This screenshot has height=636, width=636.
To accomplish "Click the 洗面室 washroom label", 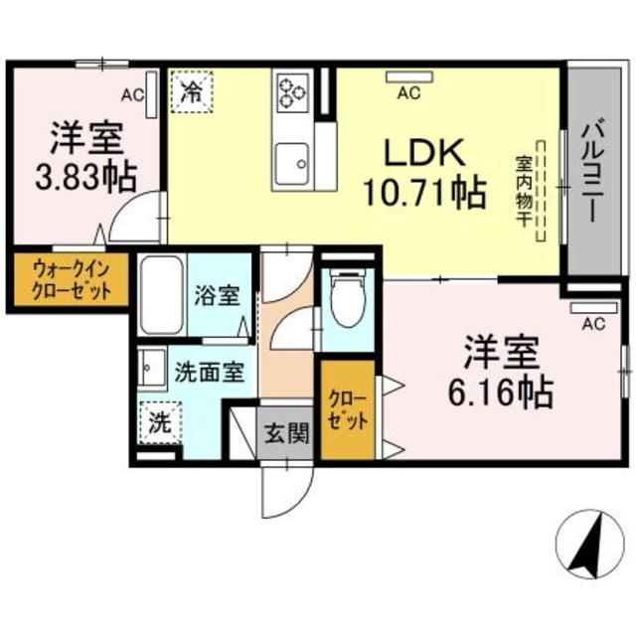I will (209, 374).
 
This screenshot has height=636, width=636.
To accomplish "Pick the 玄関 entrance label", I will (286, 432).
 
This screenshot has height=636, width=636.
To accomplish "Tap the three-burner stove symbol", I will (293, 91).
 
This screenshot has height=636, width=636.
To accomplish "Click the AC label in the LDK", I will (407, 94).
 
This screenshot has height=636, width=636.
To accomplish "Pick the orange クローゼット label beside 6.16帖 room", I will (348, 409).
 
